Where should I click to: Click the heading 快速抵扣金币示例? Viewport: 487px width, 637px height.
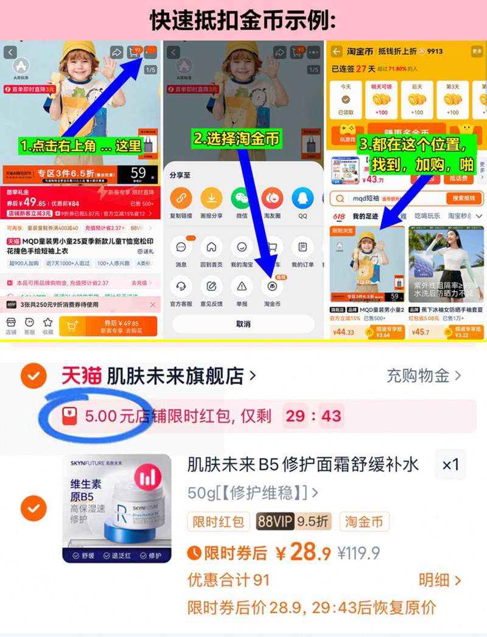[x=243, y=21]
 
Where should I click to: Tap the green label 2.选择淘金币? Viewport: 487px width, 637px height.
[x=237, y=139]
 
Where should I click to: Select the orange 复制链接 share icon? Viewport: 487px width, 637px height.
[x=181, y=198]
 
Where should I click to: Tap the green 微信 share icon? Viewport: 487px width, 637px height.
[x=241, y=198]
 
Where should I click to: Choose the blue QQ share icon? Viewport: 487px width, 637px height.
[x=303, y=198]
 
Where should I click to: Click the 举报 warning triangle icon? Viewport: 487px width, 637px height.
[x=242, y=286]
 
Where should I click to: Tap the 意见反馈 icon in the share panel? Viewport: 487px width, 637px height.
[x=211, y=286]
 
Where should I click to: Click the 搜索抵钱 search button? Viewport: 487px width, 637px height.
[x=464, y=198]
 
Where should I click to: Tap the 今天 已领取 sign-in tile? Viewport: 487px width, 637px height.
[x=346, y=99]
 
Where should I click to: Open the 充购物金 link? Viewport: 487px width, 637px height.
[x=424, y=375]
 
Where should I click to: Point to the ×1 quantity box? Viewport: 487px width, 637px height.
[x=450, y=465]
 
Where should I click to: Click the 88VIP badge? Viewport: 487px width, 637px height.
[x=275, y=521]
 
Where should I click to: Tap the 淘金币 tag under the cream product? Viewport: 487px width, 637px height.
[x=364, y=521]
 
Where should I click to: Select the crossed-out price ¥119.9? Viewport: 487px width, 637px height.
[x=359, y=553]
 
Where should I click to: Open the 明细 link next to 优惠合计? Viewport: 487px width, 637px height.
[x=440, y=580]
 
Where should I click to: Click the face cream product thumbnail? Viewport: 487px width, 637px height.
[x=117, y=508]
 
